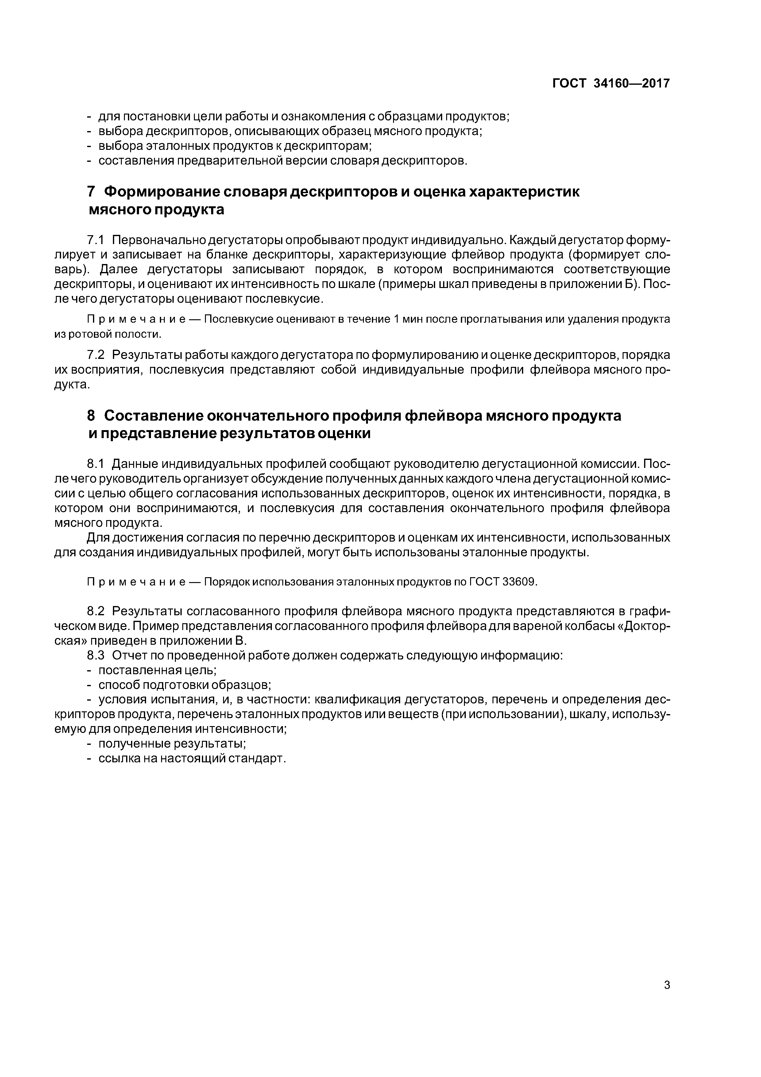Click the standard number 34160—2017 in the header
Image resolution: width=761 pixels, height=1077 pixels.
(632, 84)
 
